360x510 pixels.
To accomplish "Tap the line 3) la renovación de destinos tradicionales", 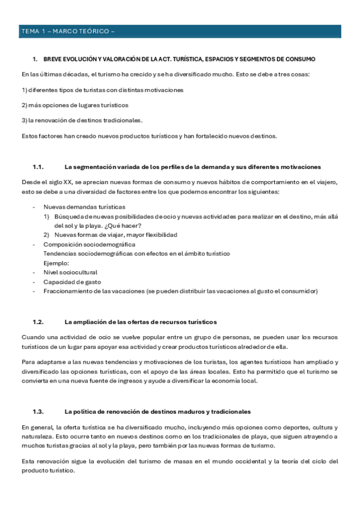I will [82, 120].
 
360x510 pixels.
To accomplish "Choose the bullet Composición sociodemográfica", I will [89, 244].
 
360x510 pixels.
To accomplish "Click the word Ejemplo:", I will [56, 263].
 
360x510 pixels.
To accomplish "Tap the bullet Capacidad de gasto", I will [72, 282].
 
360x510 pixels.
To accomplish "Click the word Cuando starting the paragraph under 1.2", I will [32, 337].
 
